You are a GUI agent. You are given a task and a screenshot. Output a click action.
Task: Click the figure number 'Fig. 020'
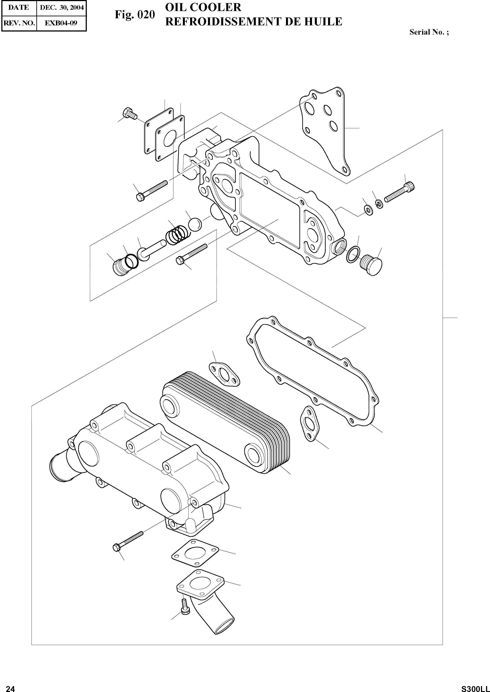[135, 15]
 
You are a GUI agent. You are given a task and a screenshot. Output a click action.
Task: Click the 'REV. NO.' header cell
[19, 23]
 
